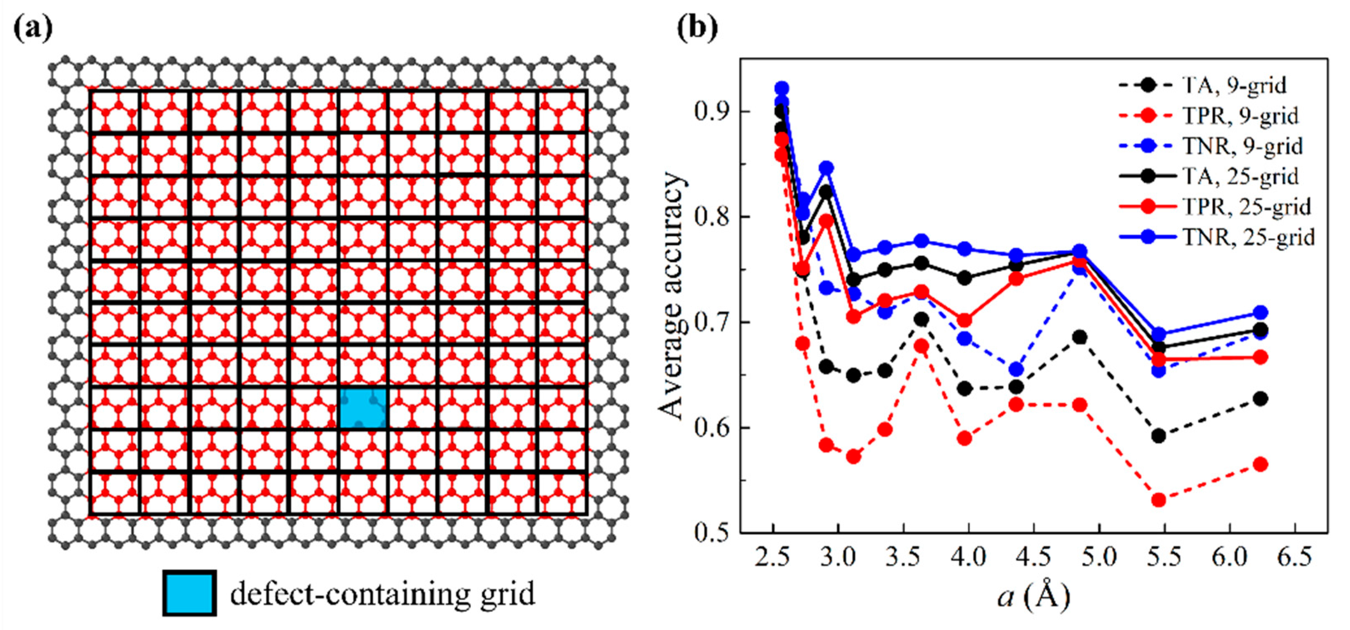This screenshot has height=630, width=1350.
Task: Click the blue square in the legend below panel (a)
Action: [x=189, y=593]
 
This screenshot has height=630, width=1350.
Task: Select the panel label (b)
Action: [x=697, y=29]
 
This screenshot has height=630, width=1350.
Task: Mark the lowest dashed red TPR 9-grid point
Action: [x=1159, y=500]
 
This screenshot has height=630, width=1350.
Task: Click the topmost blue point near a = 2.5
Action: [x=782, y=88]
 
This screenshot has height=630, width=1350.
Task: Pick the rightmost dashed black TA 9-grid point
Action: [x=1260, y=398]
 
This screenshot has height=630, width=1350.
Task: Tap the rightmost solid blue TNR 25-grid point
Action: [x=1260, y=313]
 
